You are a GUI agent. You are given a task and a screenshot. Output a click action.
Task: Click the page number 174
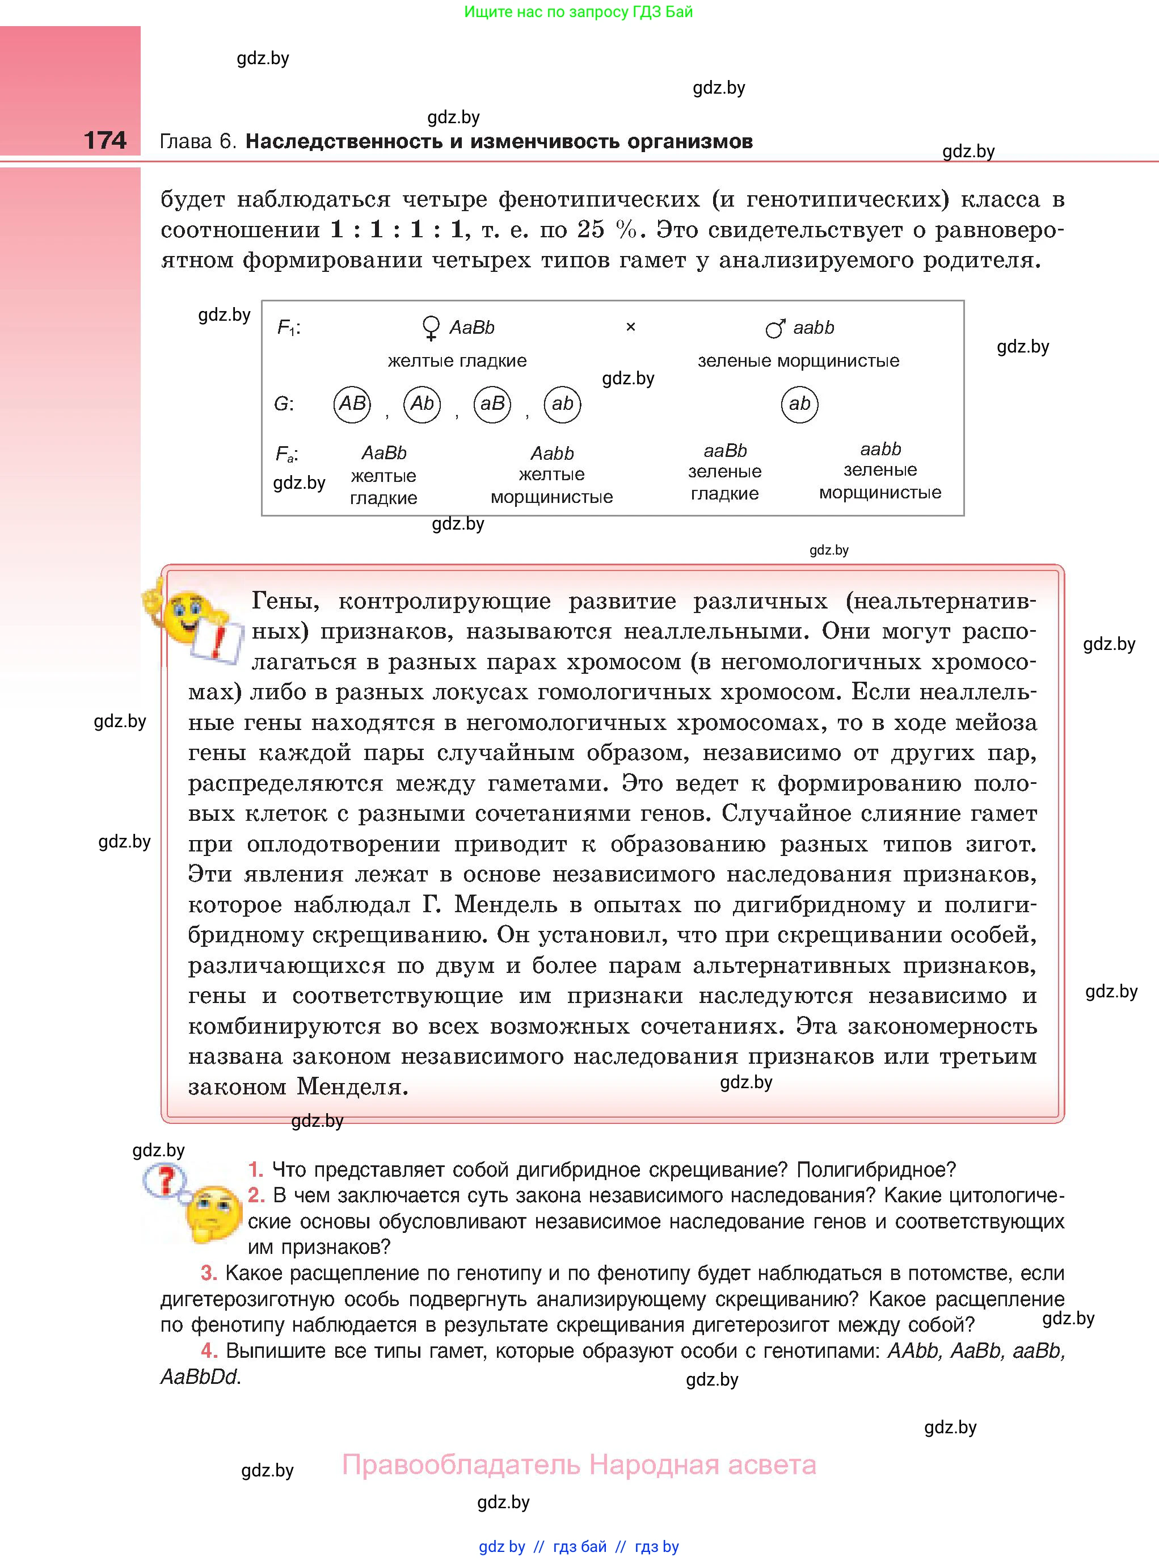(x=106, y=140)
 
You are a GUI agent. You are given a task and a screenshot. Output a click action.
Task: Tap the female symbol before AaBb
(x=431, y=328)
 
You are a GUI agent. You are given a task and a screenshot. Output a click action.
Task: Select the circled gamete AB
(x=352, y=404)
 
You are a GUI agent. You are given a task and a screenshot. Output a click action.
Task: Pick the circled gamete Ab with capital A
(x=422, y=404)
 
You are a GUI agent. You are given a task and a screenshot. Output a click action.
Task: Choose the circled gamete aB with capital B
(x=492, y=404)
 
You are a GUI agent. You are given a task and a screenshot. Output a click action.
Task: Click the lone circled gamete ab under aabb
(x=800, y=404)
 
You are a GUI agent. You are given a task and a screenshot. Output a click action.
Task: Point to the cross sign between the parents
(x=631, y=327)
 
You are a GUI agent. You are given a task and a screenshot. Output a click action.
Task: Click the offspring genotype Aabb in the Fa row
(x=552, y=454)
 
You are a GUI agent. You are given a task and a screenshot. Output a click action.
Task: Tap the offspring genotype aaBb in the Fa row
(x=724, y=451)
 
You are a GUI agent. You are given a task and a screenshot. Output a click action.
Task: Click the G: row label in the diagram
(x=284, y=404)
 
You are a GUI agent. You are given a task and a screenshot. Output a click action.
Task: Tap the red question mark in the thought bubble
(x=166, y=1181)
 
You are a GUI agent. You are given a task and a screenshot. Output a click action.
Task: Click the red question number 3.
(x=208, y=1273)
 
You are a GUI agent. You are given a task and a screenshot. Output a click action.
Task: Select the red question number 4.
(x=208, y=1351)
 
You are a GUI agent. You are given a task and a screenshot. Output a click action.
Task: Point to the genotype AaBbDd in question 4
(x=199, y=1377)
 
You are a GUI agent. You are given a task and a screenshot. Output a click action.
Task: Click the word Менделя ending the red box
(x=352, y=1087)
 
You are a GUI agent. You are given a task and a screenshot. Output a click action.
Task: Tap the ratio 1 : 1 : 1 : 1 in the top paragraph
(x=397, y=229)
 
